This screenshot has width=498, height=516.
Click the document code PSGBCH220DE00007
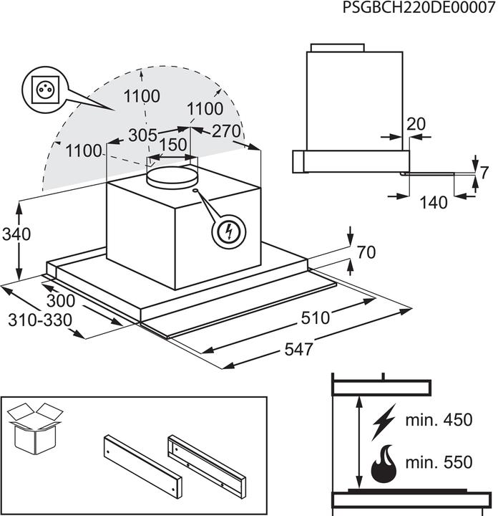418,8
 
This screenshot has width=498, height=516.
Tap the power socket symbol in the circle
41,90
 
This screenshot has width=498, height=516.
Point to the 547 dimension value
299,350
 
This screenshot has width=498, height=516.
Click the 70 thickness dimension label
366,252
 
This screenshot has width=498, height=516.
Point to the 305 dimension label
143,134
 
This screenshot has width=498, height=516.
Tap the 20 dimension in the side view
416,123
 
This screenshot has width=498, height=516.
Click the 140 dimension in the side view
434,203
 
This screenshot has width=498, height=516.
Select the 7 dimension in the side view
484,172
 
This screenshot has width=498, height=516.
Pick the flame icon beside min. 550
385,464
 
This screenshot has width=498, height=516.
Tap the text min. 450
438,420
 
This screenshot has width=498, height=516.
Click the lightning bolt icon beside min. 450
384,422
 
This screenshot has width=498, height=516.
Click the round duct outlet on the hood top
172,174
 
